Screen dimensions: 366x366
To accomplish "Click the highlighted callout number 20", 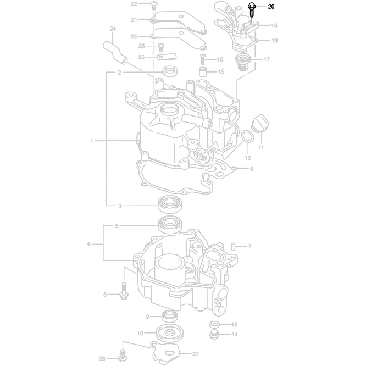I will pyautogui.click(x=271, y=7).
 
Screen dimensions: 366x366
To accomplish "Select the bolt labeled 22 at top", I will pyautogui.click(x=154, y=5).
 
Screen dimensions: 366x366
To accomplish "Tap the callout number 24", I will pyautogui.click(x=112, y=29).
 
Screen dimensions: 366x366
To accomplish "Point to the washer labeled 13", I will pyautogui.click(x=214, y=324).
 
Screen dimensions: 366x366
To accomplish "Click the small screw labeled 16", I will pyautogui.click(x=203, y=58).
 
